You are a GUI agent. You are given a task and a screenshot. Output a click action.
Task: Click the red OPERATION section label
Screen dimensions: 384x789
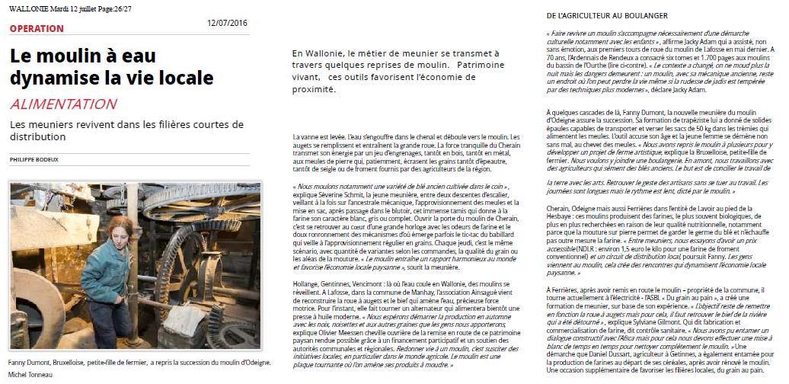click(x=37, y=29)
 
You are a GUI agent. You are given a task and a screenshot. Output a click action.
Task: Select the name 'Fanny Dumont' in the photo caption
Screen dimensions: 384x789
click(x=31, y=363)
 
